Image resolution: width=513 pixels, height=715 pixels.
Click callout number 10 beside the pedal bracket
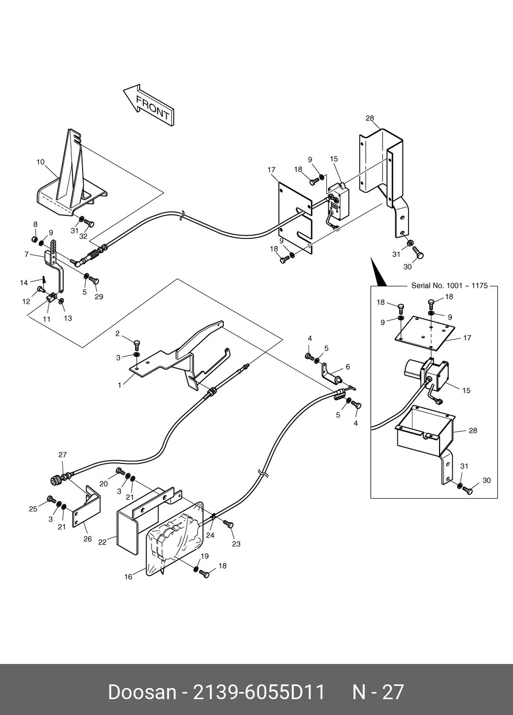[40, 162]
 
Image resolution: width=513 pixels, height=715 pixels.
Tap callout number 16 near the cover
[129, 577]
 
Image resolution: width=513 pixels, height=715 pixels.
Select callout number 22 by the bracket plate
[102, 543]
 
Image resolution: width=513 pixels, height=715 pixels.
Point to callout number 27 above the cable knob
[63, 455]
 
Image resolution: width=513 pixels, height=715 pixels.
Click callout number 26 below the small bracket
[87, 539]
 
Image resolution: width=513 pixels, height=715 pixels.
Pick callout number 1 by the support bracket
[120, 385]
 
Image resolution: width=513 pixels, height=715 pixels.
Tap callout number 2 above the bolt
[117, 334]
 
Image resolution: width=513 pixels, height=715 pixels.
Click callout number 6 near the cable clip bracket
[348, 367]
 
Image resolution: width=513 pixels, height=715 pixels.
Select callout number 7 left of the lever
[27, 254]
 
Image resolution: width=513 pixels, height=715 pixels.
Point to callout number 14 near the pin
[24, 283]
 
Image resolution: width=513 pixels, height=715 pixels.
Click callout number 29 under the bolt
[99, 297]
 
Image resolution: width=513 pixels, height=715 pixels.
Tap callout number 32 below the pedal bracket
[83, 236]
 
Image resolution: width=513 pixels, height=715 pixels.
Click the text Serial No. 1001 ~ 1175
[450, 286]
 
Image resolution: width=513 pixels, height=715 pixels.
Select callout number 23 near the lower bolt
[236, 544]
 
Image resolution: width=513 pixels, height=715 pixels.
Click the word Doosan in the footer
[142, 692]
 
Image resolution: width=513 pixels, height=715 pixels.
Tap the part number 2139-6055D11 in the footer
[259, 692]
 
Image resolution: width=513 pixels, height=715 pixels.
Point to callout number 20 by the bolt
[104, 484]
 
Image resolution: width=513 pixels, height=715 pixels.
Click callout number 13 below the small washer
[68, 318]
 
